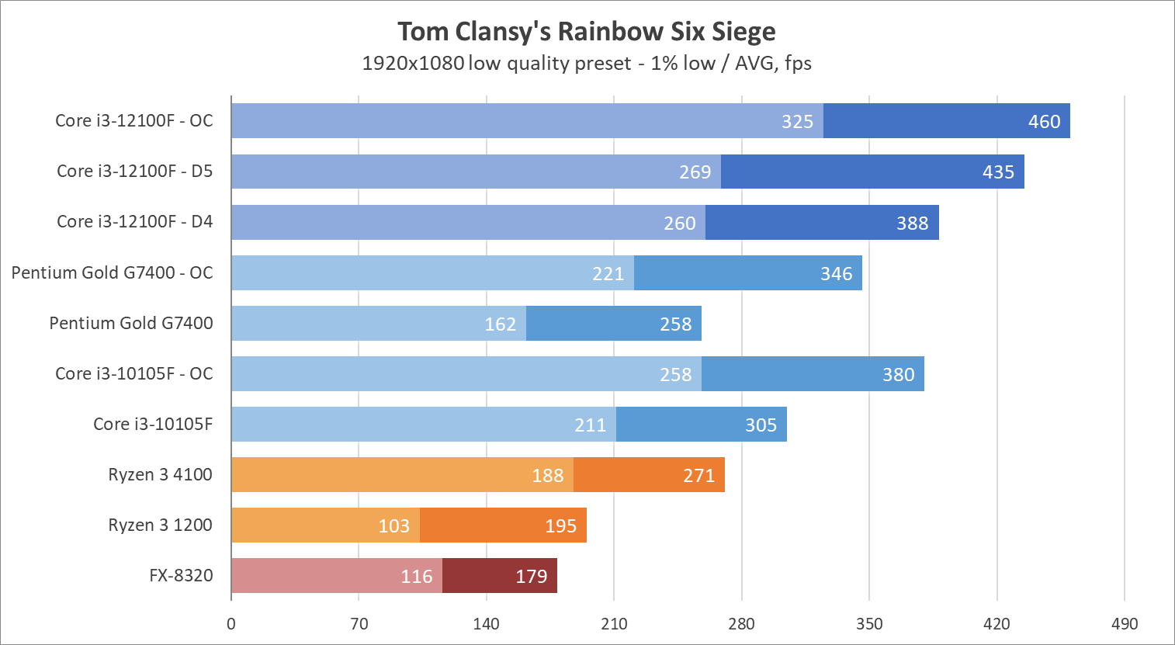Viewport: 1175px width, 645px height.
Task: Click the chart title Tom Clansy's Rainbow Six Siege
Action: click(x=587, y=32)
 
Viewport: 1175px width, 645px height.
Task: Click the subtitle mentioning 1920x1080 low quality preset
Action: click(x=587, y=64)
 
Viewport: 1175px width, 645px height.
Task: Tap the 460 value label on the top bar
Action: click(x=1044, y=122)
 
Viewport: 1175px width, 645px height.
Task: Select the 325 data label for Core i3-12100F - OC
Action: click(x=797, y=122)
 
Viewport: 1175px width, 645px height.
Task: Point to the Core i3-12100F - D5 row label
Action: click(x=134, y=172)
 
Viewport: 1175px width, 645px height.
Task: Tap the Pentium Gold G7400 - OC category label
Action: click(x=112, y=273)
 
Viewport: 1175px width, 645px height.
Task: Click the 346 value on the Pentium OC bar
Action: click(x=836, y=274)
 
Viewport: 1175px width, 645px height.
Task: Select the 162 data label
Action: click(x=500, y=324)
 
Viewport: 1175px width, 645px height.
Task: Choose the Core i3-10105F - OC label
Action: click(x=133, y=374)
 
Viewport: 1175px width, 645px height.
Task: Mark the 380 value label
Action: click(x=898, y=375)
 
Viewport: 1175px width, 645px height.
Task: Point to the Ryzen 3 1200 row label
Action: click(x=160, y=525)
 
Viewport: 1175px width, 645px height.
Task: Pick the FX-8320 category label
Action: click(x=181, y=576)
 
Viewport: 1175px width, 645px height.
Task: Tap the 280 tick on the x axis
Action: click(x=741, y=624)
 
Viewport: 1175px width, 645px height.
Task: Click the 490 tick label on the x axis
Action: click(x=1124, y=624)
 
